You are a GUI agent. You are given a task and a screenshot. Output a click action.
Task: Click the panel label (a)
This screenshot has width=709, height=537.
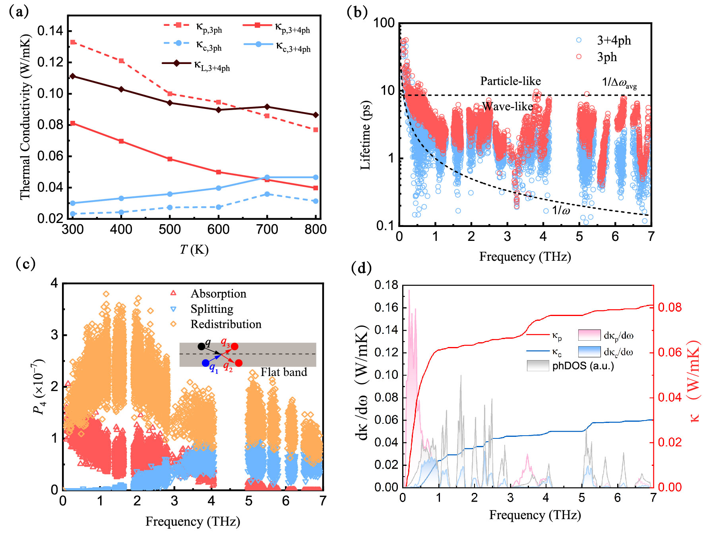[19, 12]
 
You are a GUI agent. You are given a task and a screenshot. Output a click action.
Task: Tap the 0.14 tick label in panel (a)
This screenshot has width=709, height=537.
[49, 31]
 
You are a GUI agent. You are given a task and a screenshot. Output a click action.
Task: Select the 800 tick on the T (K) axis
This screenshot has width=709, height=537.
[316, 229]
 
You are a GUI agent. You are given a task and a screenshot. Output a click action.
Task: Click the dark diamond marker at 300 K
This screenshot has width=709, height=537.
[72, 76]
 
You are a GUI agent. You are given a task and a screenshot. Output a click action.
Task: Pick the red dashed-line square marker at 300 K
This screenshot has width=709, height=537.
[73, 42]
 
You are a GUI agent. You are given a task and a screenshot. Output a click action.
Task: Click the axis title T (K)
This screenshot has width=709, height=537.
[194, 250]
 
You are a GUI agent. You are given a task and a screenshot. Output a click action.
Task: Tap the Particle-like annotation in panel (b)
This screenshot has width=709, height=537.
[510, 81]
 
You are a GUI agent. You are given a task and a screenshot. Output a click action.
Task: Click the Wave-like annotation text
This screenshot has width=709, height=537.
[508, 107]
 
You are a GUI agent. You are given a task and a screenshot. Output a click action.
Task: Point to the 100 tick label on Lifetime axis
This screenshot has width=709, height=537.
[384, 23]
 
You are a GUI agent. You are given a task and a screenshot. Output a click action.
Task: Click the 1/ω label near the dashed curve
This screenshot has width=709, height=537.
[561, 210]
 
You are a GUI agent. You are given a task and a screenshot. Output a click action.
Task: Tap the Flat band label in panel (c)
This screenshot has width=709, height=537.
[284, 372]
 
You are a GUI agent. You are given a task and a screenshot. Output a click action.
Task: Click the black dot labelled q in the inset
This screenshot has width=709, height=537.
[201, 346]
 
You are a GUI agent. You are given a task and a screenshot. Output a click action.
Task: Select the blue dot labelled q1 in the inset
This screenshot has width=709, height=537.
[205, 363]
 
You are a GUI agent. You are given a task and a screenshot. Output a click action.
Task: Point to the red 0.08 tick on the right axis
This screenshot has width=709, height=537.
[670, 307]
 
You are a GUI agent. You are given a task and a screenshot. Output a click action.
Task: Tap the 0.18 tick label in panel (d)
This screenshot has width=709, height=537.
[386, 285]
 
